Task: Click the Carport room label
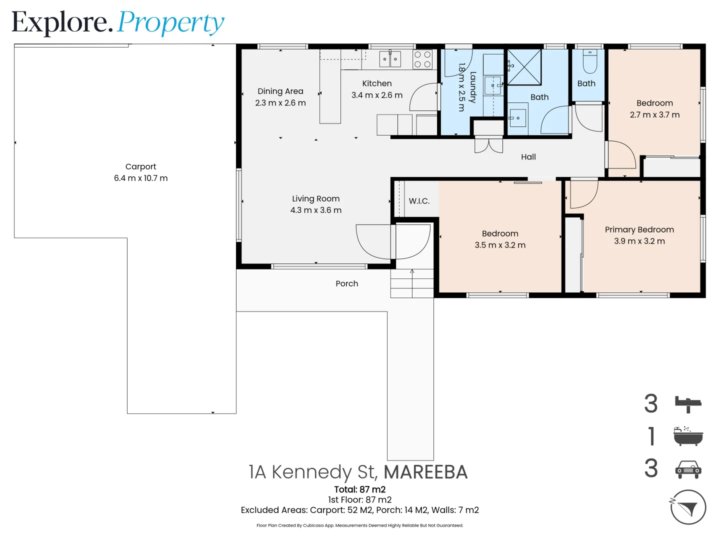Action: pos(140,166)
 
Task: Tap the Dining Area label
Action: pos(280,91)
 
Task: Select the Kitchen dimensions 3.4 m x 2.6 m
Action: pos(376,95)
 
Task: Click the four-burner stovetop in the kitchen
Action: pos(422,59)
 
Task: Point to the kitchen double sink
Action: pos(389,59)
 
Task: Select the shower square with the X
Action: pos(524,67)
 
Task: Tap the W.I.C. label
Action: pos(419,201)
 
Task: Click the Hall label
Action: pos(528,157)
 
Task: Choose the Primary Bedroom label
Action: pos(639,229)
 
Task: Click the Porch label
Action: pos(346,283)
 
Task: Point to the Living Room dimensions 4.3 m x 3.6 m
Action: pos(316,210)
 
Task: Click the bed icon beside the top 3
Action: pos(688,403)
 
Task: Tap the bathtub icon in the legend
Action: pos(688,436)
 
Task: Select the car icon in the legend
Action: pos(688,469)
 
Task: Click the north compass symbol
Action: pos(687,507)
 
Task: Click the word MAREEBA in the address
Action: pos(425,472)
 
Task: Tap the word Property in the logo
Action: pos(170,23)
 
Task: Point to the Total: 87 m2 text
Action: pos(359,489)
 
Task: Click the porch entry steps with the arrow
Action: pos(411,283)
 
